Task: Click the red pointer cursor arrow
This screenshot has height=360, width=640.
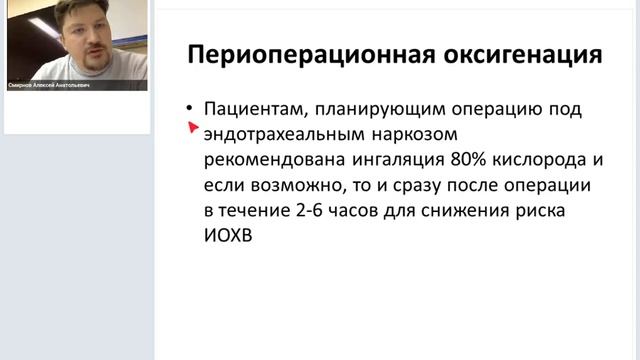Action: pos(191,128)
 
